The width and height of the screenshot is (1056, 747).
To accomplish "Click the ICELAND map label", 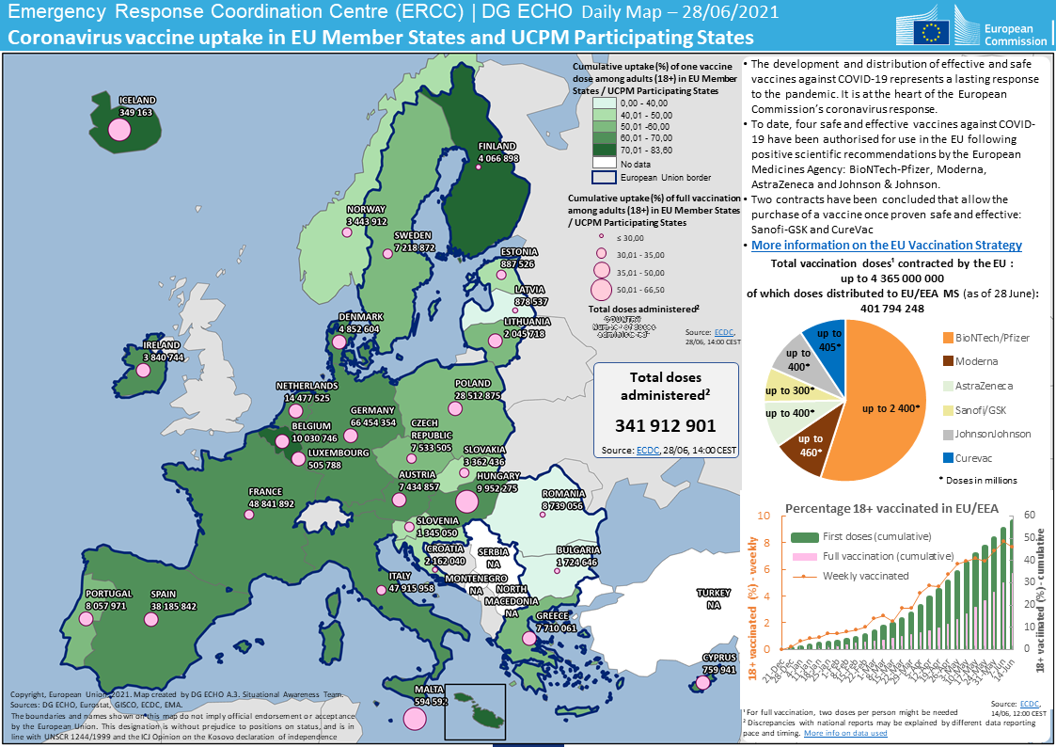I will pyautogui.click(x=136, y=100).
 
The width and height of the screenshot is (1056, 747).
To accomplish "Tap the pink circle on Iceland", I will pyautogui.click(x=118, y=128).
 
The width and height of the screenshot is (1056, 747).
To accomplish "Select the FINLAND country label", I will pyautogui.click(x=497, y=147).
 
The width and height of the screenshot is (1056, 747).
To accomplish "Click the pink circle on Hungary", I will pyautogui.click(x=466, y=500).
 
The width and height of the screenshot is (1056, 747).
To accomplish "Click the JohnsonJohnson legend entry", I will pyautogui.click(x=992, y=434).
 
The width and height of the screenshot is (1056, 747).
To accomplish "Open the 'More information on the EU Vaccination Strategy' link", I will pyautogui.click(x=886, y=245).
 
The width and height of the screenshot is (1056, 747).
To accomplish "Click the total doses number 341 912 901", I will pyautogui.click(x=666, y=425).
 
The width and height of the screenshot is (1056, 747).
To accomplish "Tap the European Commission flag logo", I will pyautogui.click(x=933, y=30).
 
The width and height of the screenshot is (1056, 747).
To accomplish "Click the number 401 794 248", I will pyautogui.click(x=892, y=309).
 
